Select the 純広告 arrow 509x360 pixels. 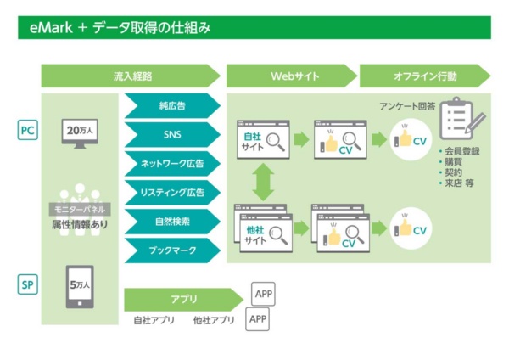172,106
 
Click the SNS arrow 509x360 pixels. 172,134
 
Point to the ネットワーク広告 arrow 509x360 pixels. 172,163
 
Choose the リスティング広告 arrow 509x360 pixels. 172,193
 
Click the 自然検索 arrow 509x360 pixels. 172,222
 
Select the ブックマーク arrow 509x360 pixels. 172,250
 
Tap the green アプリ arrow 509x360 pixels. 182,299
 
